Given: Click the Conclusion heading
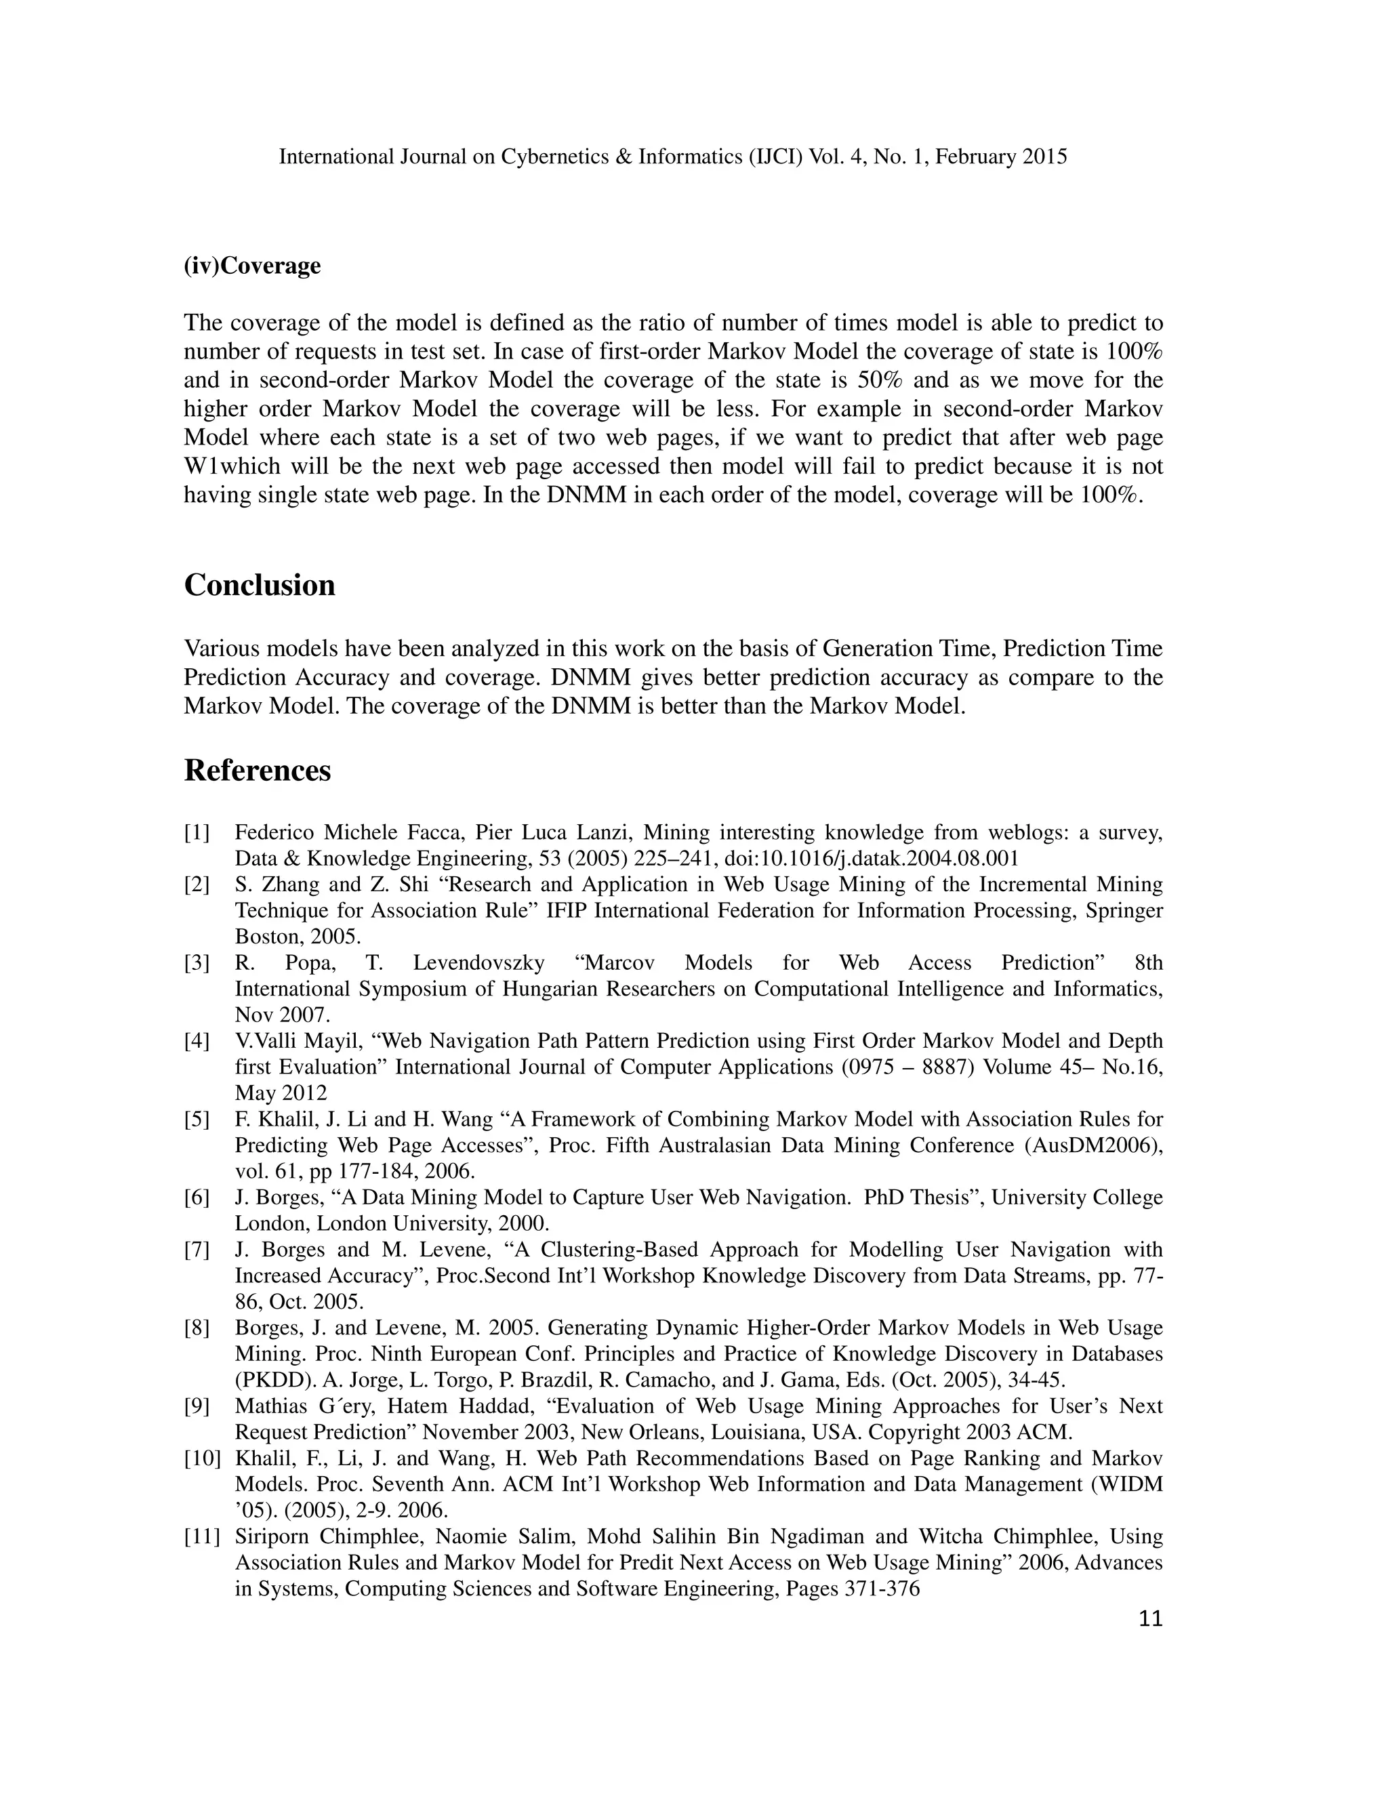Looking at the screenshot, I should point(259,586).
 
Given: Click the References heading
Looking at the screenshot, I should point(257,771).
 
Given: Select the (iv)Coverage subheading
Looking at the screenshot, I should point(251,266).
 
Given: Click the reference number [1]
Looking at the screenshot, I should point(197,833).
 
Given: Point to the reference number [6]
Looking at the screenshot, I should point(197,1198).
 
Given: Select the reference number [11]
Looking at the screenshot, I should point(201,1537).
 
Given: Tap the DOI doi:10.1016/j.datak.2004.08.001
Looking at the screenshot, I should point(872,859).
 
